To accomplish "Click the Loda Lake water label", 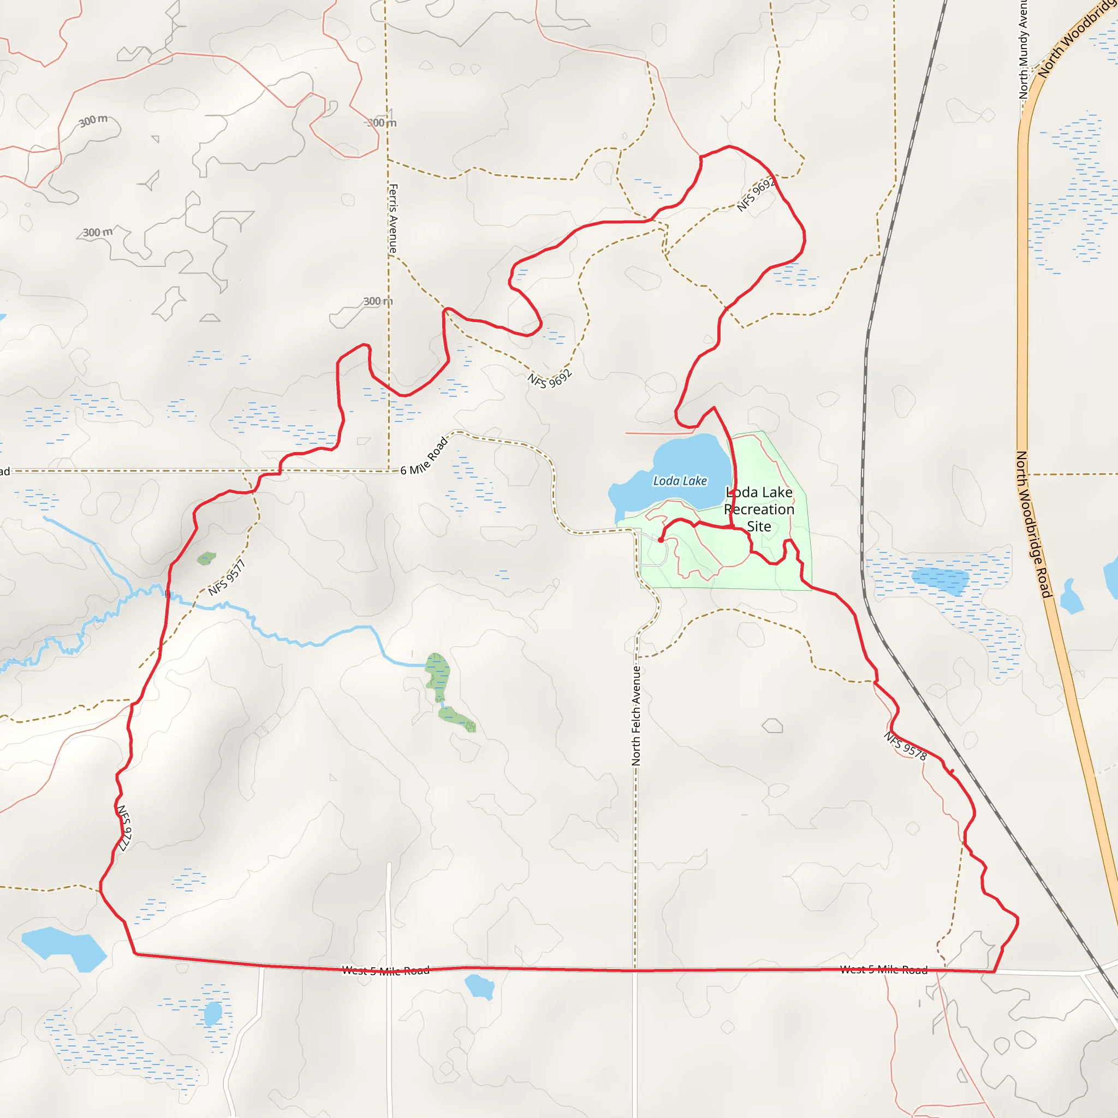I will coord(680,481).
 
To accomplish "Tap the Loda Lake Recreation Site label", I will coord(759,509).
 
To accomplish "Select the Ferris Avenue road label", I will coord(393,218).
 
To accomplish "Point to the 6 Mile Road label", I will coord(424,456).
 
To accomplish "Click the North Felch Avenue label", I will coord(637,716).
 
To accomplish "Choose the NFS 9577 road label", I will coord(227,578).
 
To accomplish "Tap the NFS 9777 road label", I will coord(124,828).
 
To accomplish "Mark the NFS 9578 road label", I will coord(906,746).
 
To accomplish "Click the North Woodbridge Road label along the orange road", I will coord(1033,524).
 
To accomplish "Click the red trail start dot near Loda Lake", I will coord(661,540).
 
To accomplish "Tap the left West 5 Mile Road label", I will coord(385,971).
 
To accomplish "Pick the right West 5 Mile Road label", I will coord(884,970).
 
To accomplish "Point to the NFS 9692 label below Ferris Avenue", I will coord(550,379).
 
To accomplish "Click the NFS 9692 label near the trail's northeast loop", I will coord(755,195).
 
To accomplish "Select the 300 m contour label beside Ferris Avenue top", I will coord(383,123).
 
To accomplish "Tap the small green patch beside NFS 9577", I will coord(206,558).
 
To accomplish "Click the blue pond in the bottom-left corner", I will coord(64,948).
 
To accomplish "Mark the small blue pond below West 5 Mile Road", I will coord(480,986).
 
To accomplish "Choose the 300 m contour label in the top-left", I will coord(93,120).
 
